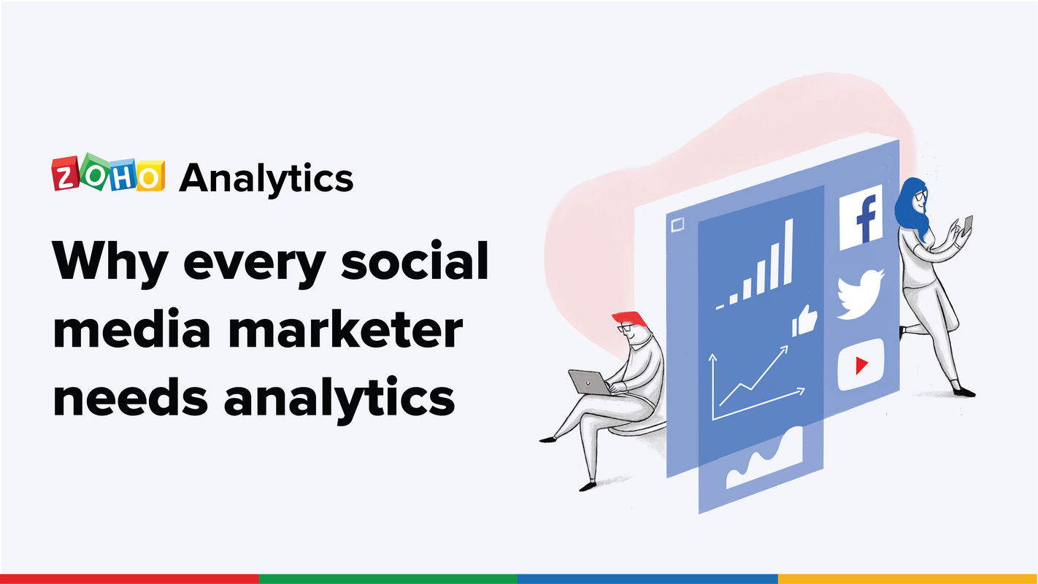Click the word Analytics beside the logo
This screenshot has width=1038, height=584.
[266, 177]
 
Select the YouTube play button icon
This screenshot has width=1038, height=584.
[861, 364]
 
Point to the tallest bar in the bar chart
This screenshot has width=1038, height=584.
[787, 253]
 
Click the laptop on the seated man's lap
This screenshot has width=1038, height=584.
[588, 381]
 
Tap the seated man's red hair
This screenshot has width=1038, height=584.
[629, 320]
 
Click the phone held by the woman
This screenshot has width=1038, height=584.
[968, 224]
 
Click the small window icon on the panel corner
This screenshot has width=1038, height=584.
[677, 225]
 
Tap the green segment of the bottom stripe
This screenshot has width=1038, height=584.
[388, 579]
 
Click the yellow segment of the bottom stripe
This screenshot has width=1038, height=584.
[907, 579]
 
